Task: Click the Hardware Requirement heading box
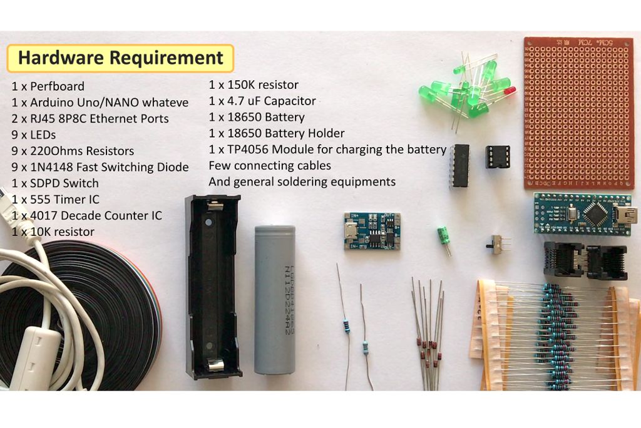[x=120, y=58]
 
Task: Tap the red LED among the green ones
[x=510, y=90]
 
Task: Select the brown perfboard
[x=579, y=113]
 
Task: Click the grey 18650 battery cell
[x=275, y=300]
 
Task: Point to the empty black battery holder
[x=213, y=286]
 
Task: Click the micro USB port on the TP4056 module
[x=351, y=231]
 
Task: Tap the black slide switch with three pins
[x=496, y=244]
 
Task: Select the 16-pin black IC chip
[x=459, y=166]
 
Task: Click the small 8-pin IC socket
[x=498, y=156]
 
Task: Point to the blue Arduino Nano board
[x=585, y=214]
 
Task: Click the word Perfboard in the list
[x=57, y=86]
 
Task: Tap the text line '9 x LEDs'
[x=34, y=135]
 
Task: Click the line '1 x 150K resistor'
[x=254, y=85]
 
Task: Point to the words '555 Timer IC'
[x=64, y=200]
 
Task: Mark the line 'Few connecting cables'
[x=270, y=166]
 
